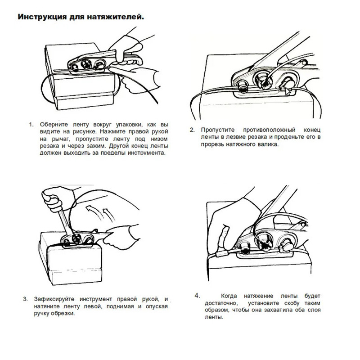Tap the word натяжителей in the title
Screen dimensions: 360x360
[x=121, y=18]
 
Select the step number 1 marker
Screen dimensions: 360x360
[x=31, y=124]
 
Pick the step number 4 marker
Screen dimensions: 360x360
[x=197, y=296]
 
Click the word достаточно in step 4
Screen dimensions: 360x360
[x=214, y=303]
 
